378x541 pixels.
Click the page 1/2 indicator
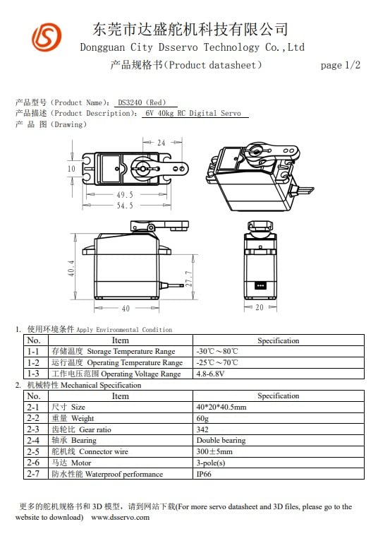pos(340,66)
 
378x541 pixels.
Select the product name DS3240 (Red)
pos(142,102)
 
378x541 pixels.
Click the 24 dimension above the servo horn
pos(161,143)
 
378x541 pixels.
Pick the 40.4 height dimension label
pos(72,268)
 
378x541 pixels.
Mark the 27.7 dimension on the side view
pos(188,279)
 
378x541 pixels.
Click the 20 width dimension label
pos(260,308)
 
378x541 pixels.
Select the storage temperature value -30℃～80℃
pos(217,351)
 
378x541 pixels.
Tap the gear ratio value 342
pos(203,429)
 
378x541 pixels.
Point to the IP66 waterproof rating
pos(204,475)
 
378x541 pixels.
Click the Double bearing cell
pos(221,441)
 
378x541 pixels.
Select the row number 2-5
pos(33,452)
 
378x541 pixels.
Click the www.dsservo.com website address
pos(120,517)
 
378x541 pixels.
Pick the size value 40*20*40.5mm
pos(221,407)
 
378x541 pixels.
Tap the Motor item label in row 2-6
pos(80,463)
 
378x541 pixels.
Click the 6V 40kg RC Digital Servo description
pos(193,114)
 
